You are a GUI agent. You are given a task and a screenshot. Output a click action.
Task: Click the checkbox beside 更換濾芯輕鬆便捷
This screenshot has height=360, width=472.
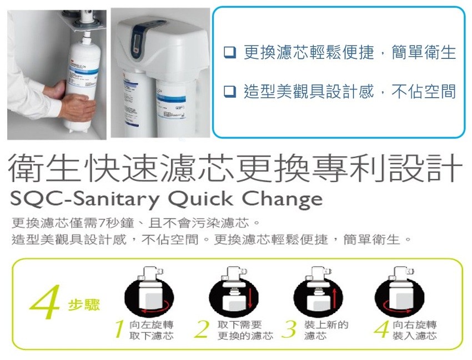point(230,52)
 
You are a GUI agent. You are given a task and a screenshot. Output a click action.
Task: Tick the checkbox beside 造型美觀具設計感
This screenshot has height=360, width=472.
point(230,91)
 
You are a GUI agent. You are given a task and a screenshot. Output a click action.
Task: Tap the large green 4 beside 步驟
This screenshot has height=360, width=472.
point(45,302)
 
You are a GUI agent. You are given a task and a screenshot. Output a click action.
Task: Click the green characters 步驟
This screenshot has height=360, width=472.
point(84,305)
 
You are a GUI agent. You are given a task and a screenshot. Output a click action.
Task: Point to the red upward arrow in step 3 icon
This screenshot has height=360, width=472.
point(334,297)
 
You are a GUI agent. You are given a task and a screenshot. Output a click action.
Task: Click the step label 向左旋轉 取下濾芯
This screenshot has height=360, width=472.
point(152,330)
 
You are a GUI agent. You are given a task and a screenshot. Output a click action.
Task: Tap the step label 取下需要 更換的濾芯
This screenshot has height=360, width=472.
point(245,330)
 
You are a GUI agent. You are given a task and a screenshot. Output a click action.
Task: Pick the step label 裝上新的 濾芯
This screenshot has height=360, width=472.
point(327,330)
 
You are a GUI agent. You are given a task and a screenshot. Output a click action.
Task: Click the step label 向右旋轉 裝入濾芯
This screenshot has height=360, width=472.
point(414,330)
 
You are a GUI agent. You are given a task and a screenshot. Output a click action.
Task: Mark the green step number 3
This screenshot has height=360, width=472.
point(289,329)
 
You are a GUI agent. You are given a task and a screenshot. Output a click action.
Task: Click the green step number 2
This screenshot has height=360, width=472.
point(202,329)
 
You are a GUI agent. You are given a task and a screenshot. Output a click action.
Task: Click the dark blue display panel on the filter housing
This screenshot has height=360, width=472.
point(139,38)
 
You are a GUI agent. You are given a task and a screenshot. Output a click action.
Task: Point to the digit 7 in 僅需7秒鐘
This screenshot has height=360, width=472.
point(101,223)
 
